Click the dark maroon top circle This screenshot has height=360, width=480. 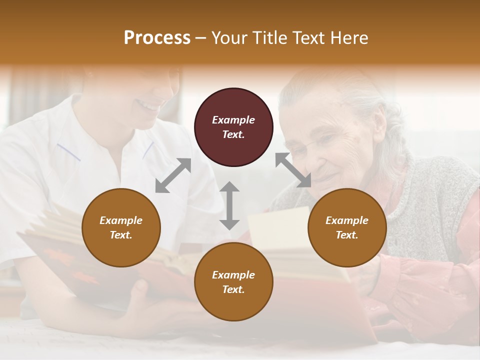click(233, 127)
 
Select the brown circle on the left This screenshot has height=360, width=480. click(121, 228)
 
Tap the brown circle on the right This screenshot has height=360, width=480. click(347, 228)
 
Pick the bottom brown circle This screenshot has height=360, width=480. click(233, 282)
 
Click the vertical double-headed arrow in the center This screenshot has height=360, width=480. click(229, 205)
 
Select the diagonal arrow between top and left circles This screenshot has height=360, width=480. click(173, 175)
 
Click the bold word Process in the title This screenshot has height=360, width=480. click(157, 38)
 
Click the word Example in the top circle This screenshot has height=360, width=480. click(233, 120)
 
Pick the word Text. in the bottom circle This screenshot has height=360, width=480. click(233, 289)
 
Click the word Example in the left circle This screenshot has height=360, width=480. click(121, 220)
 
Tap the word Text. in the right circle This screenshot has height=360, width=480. click(347, 235)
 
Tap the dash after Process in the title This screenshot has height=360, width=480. click(201, 38)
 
